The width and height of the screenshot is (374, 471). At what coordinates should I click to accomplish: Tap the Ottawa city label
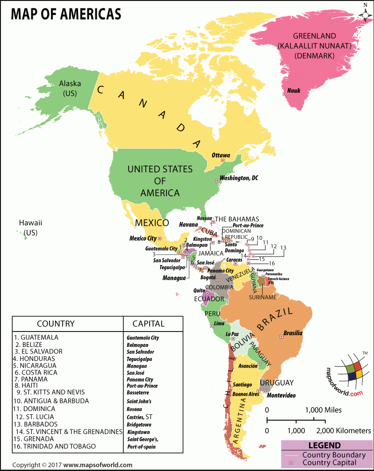click(221, 155)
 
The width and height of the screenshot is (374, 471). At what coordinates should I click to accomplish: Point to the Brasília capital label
click(293, 333)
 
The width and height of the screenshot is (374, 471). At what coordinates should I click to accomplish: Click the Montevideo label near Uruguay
click(281, 396)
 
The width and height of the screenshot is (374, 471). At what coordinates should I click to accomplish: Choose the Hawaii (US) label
click(30, 228)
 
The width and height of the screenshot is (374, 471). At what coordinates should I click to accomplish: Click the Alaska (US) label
click(70, 88)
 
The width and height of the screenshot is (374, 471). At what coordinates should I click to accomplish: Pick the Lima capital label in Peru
click(219, 324)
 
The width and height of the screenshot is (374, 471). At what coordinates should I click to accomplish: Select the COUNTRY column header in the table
click(56, 324)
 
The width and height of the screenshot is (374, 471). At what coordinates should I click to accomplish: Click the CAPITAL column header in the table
click(148, 324)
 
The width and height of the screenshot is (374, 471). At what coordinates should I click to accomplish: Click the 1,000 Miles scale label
click(324, 410)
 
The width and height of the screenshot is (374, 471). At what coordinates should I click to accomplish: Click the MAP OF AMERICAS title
click(65, 14)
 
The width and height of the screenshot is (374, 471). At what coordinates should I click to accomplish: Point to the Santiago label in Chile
click(242, 384)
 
